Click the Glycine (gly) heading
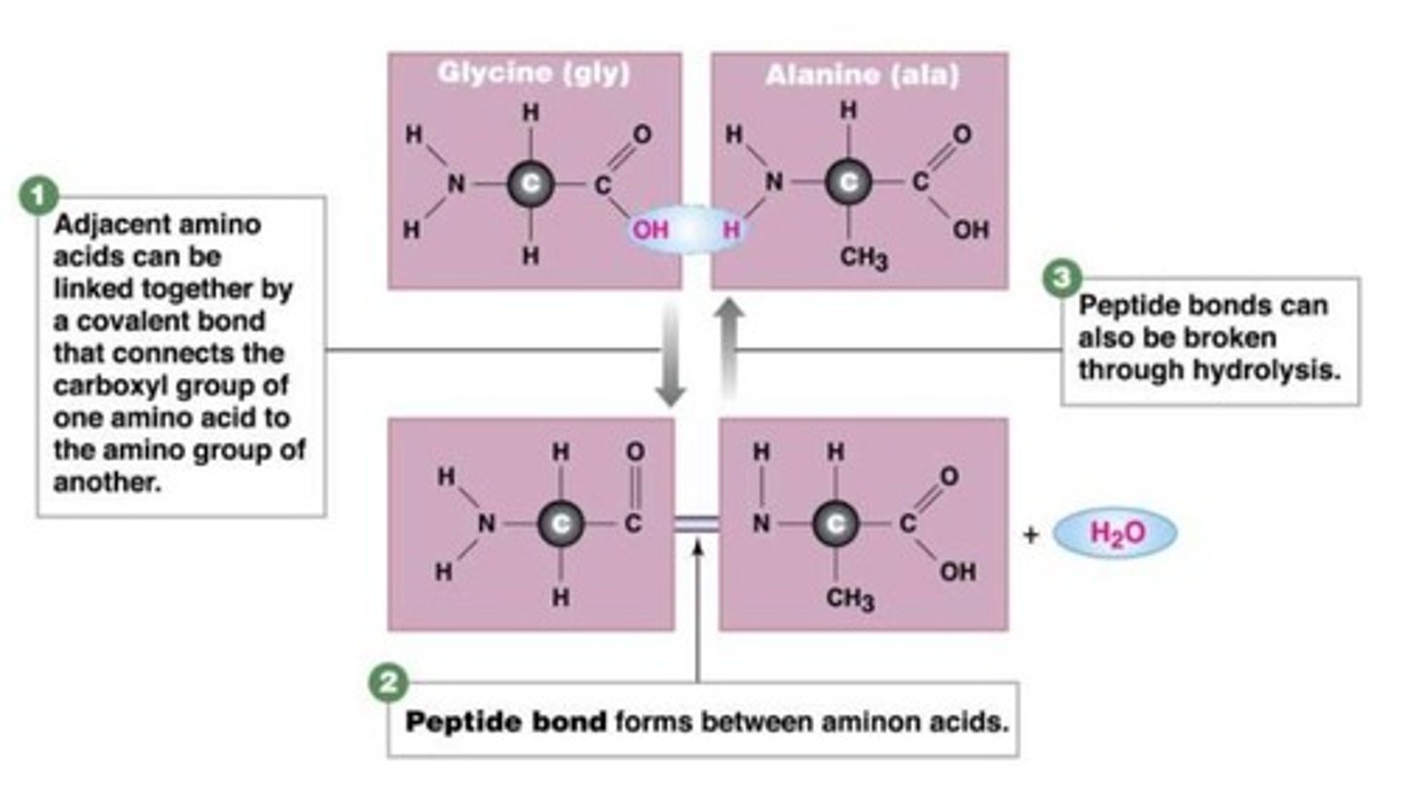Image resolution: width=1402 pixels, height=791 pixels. (x=534, y=73)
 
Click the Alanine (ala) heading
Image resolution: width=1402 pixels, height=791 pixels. (x=862, y=75)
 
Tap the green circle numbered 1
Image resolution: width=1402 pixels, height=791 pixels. (x=37, y=196)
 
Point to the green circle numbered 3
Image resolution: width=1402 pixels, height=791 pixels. (x=1061, y=279)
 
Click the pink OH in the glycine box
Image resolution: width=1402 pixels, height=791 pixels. (x=651, y=231)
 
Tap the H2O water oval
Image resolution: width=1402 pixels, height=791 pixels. (x=1116, y=533)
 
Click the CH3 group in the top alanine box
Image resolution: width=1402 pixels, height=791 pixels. (x=864, y=260)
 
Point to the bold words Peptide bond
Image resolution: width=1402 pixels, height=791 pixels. (x=505, y=722)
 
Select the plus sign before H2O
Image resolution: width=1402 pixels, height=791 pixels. (x=1031, y=534)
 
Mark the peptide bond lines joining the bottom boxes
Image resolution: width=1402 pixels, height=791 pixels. (x=696, y=523)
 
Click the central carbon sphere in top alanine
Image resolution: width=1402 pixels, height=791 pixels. (x=849, y=181)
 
